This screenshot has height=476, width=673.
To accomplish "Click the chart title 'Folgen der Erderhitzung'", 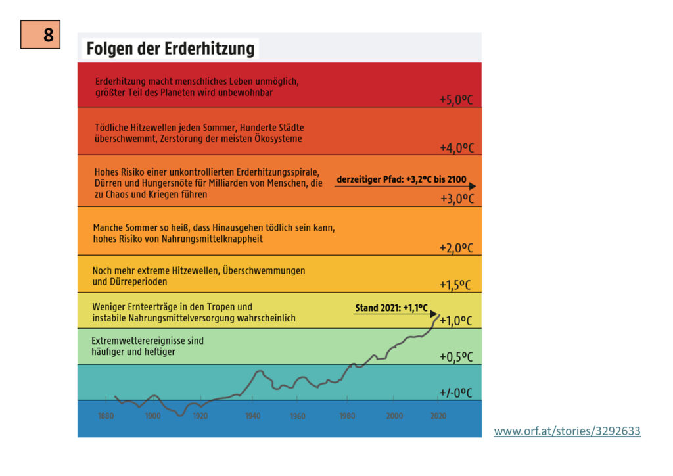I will point(170,49).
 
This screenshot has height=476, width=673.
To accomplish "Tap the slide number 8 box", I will point(40,35).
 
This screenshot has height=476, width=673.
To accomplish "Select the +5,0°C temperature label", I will point(456,100).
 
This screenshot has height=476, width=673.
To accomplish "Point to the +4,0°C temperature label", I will point(456,148).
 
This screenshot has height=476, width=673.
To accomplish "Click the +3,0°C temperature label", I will point(456,199).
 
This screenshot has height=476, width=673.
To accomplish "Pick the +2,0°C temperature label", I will point(456,248).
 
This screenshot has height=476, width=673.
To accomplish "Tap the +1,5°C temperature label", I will point(456,285).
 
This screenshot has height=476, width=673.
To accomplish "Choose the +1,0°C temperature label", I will point(456,321).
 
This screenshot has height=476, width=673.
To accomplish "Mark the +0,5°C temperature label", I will point(456,357).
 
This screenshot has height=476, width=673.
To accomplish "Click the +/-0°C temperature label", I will point(456,393).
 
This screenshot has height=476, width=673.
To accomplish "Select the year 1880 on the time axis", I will point(106,416).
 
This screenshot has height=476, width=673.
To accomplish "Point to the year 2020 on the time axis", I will point(438,416).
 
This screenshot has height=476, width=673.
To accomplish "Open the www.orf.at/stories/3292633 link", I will point(567,431).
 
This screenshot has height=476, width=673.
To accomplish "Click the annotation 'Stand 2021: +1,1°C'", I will point(391,307).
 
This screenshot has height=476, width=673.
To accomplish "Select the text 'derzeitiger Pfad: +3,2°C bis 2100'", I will point(402,179).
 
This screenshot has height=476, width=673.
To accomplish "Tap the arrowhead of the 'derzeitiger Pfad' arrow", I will point(473,187).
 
